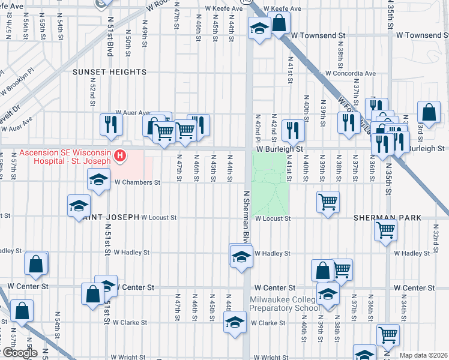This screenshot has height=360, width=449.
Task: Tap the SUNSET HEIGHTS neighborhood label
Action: pyautogui.click(x=110, y=72)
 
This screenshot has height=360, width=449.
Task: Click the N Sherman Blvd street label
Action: pyautogui.click(x=246, y=214)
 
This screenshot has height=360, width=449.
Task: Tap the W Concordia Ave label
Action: pyautogui.click(x=350, y=74)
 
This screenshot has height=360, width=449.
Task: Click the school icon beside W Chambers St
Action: pyautogui.click(x=99, y=179)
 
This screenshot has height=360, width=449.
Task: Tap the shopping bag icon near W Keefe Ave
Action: pyautogui.click(x=279, y=23)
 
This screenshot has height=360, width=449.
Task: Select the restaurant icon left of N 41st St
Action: pyautogui.click(x=292, y=129)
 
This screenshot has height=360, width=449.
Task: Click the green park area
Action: pyautogui.click(x=269, y=183)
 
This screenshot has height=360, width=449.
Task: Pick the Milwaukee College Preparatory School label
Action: pyautogui.click(x=285, y=304)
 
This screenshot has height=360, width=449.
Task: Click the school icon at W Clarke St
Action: pyautogui.click(x=235, y=322)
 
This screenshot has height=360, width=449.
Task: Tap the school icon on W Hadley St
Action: pyautogui.click(x=241, y=256)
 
